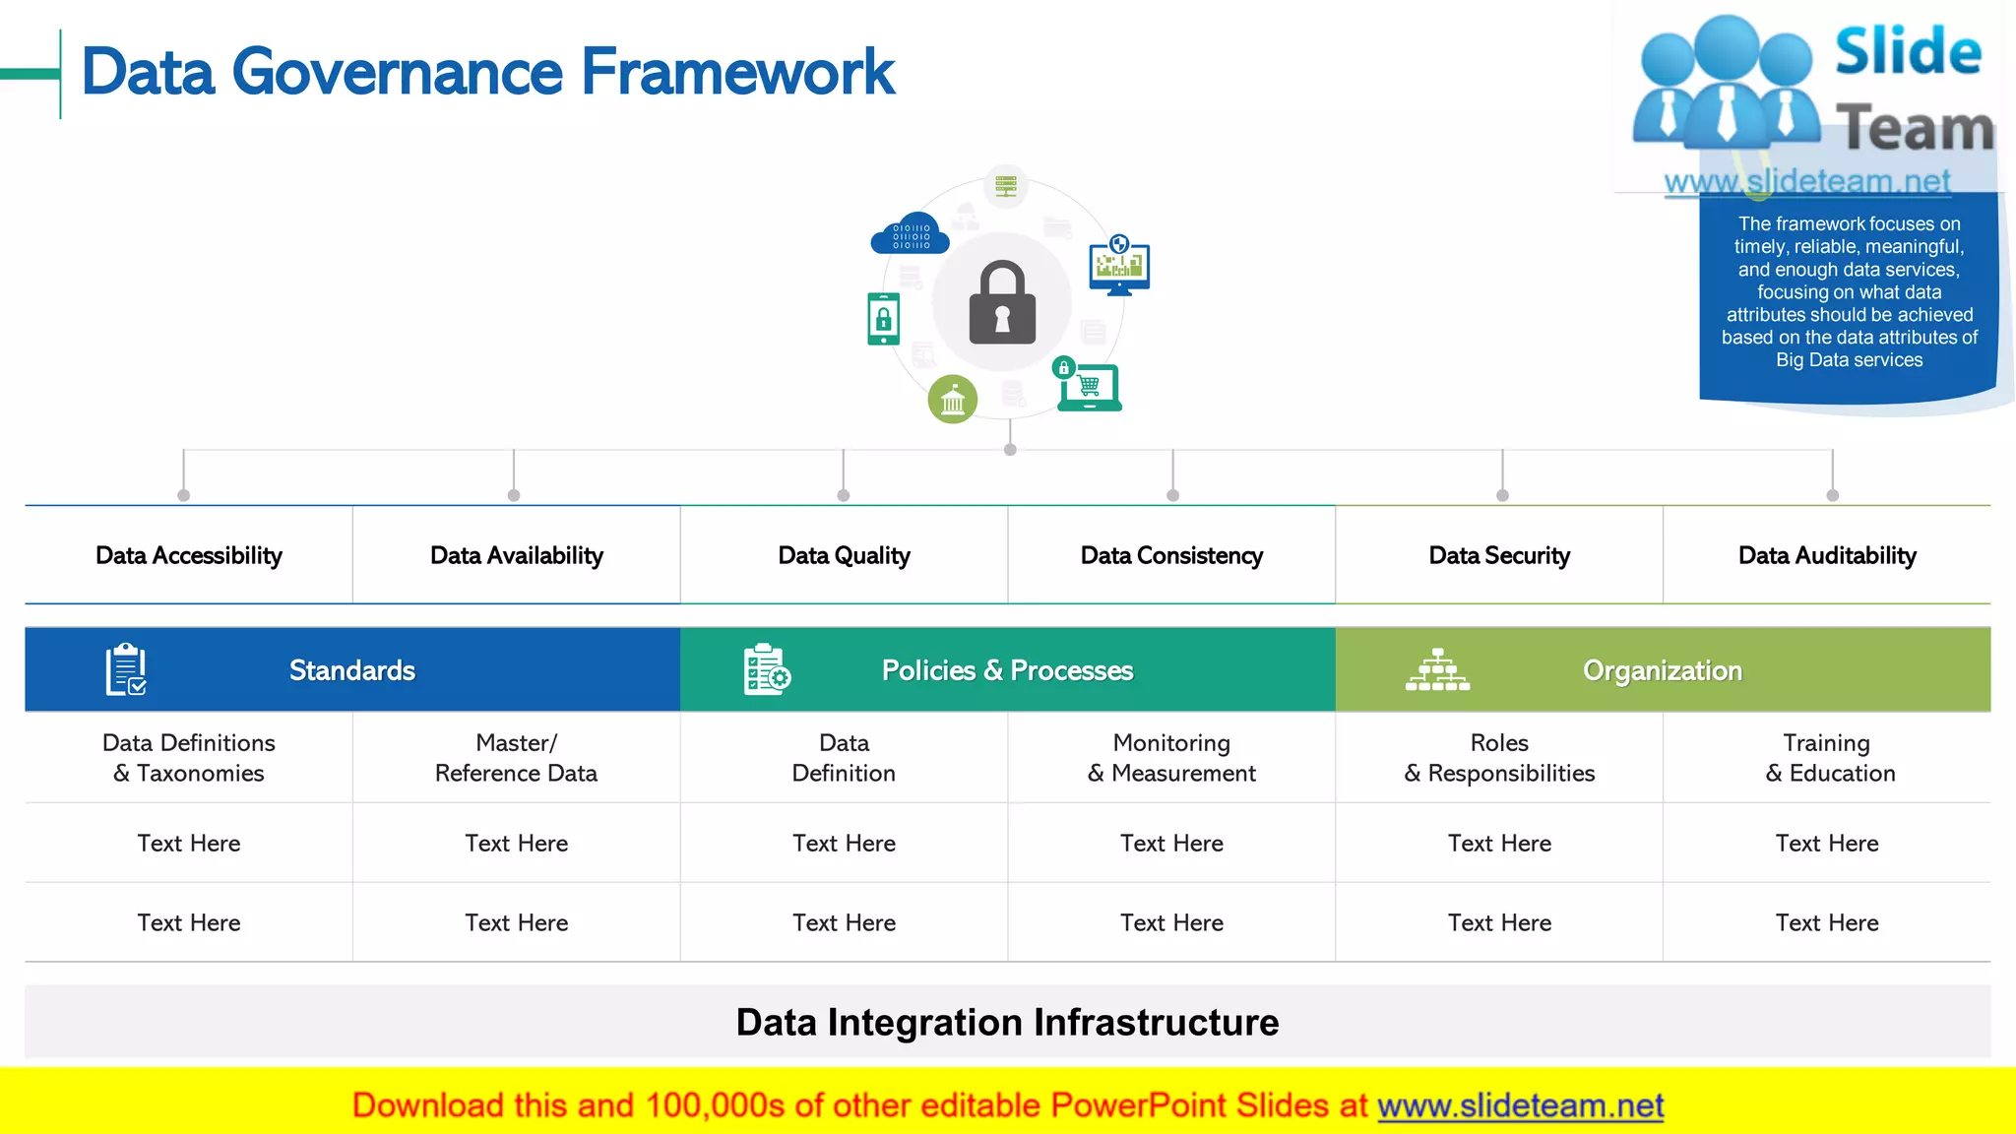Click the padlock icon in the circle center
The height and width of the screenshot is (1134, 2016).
pyautogui.click(x=1002, y=303)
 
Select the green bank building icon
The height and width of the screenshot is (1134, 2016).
pyautogui.click(x=952, y=400)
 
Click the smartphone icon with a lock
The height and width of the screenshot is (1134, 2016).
pyautogui.click(x=883, y=319)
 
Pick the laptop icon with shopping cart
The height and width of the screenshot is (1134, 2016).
pyautogui.click(x=1089, y=387)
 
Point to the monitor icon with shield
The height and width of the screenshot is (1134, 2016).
pyautogui.click(x=1119, y=265)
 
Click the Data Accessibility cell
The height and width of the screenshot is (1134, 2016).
pyautogui.click(x=189, y=555)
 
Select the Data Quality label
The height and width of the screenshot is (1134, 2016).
pyautogui.click(x=844, y=555)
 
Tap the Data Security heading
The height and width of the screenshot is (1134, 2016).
pyautogui.click(x=1499, y=555)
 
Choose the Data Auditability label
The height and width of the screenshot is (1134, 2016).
pyautogui.click(x=1827, y=555)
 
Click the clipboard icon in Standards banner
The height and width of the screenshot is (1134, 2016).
pyautogui.click(x=126, y=669)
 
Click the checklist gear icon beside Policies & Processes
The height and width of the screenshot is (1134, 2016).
pyautogui.click(x=767, y=669)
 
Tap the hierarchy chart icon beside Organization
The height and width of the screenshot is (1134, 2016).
pyautogui.click(x=1437, y=669)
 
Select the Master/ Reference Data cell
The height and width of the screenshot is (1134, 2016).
pyautogui.click(x=516, y=758)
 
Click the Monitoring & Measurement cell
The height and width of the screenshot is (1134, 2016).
pyautogui.click(x=1171, y=758)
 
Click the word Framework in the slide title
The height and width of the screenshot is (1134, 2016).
pyautogui.click(x=737, y=72)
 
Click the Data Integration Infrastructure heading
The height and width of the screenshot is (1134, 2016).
pyautogui.click(x=1007, y=1022)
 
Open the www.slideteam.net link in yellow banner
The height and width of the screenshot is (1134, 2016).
pyautogui.click(x=1520, y=1105)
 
